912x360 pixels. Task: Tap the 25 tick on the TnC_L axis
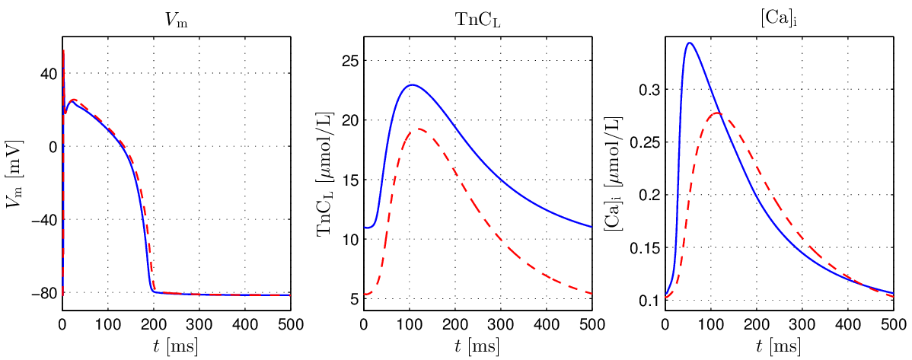point(350,61)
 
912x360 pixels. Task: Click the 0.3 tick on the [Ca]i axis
point(649,90)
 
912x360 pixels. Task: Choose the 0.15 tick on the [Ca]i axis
point(646,248)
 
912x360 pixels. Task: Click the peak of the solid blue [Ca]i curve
point(689,43)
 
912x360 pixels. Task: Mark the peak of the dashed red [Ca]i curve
point(717,113)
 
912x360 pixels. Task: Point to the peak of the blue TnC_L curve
point(412,84)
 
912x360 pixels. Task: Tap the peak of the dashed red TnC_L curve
point(419,129)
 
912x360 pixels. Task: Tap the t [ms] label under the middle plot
point(477,347)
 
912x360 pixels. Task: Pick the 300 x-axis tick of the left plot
point(199,324)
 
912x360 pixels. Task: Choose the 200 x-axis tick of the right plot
point(756,324)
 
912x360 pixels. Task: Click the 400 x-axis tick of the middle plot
point(546,324)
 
